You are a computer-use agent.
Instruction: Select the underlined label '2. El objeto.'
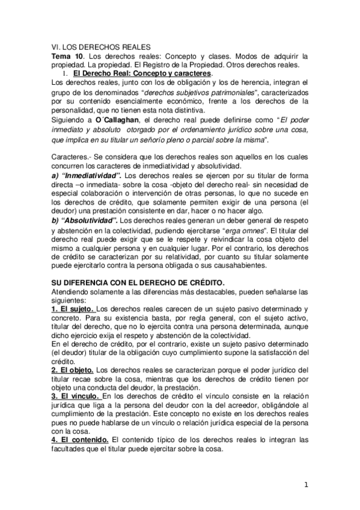click(72, 369)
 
